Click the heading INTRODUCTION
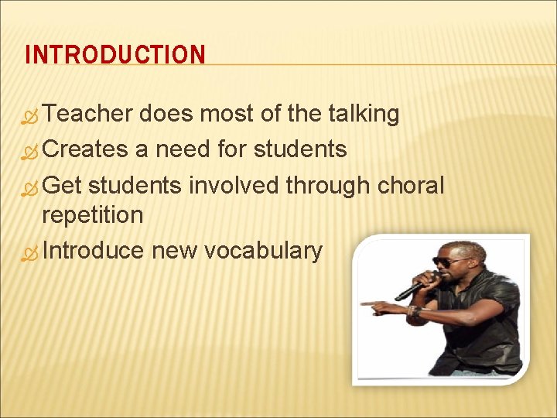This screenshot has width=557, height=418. pos(115,55)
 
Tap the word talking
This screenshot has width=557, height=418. pos(364,115)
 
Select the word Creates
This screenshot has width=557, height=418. pos(85,149)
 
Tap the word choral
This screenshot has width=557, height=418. pos(411,186)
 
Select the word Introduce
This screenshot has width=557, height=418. pos(93,251)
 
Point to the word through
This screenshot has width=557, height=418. pos(329,186)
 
